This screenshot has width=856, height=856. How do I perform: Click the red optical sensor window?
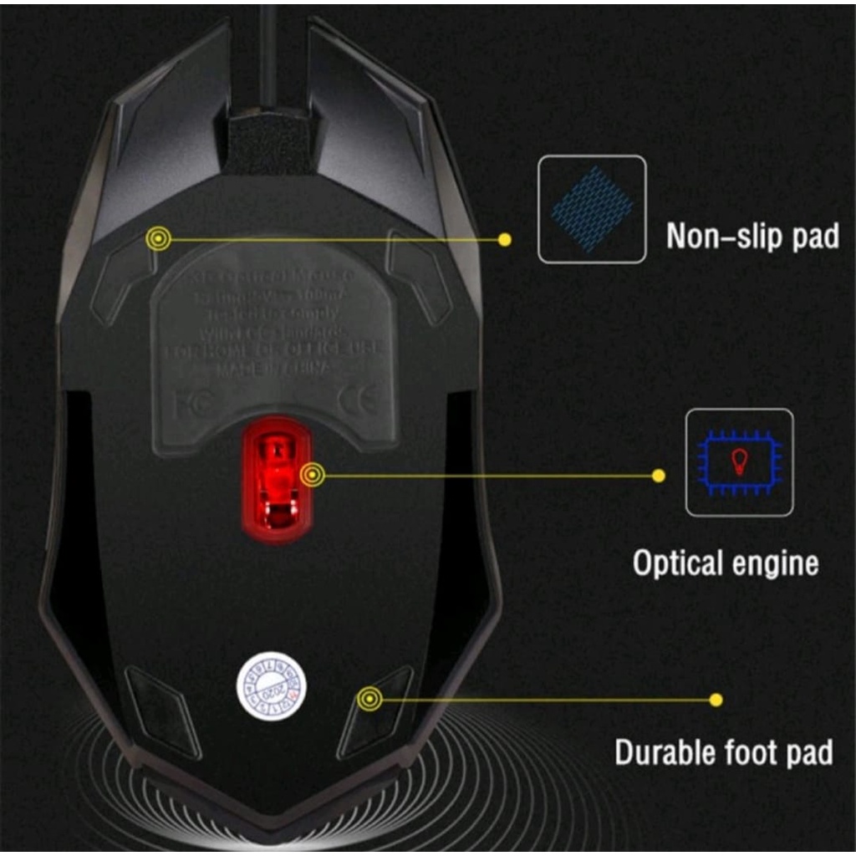pyautogui.click(x=277, y=481)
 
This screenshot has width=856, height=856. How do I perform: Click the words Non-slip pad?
pyautogui.click(x=752, y=236)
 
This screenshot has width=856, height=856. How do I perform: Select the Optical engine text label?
pyautogui.click(x=725, y=563)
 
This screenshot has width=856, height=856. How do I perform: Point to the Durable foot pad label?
pyautogui.click(x=723, y=752)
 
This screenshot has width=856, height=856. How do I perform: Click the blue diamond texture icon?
pyautogui.click(x=592, y=209)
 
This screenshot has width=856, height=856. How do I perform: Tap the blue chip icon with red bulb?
pyautogui.click(x=739, y=462)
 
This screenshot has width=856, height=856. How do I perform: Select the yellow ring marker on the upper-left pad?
pyautogui.click(x=158, y=240)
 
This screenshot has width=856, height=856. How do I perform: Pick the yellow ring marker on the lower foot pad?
pyautogui.click(x=369, y=698)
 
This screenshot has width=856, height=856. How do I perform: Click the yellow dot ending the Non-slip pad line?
pyautogui.click(x=504, y=240)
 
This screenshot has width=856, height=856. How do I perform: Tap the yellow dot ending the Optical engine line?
pyautogui.click(x=659, y=476)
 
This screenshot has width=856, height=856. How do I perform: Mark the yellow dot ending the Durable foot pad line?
pyautogui.click(x=716, y=699)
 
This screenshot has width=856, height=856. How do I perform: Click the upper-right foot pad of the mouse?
pyautogui.click(x=418, y=276)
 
